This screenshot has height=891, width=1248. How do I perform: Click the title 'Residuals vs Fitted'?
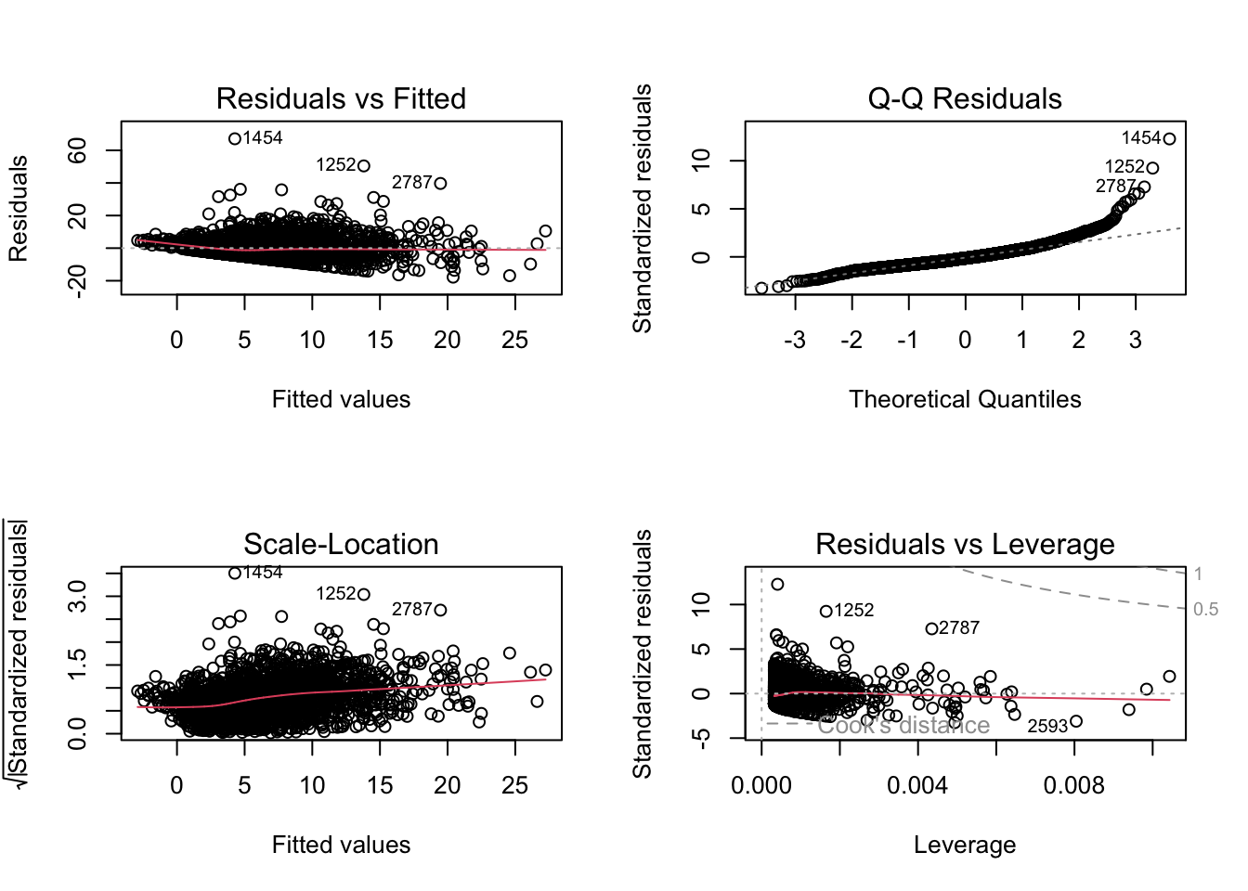tap(341, 98)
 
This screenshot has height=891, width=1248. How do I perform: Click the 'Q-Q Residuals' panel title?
tap(965, 98)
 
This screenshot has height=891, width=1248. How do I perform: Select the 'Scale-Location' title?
tap(341, 544)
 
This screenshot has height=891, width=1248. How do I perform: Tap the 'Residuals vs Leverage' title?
tap(965, 544)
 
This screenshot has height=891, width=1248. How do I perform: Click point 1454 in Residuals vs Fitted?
tap(235, 139)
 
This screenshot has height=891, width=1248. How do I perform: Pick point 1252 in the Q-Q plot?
tap(1152, 168)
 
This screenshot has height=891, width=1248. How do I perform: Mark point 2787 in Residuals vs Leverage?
tap(931, 628)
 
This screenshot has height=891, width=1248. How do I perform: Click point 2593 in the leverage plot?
tap(1076, 721)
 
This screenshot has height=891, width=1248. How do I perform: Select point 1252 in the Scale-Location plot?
tap(364, 594)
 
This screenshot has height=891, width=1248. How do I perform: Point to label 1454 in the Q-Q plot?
tap(1140, 138)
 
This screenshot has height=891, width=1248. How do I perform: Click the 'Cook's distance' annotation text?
tap(903, 725)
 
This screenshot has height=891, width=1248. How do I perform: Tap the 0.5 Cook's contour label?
tap(1205, 610)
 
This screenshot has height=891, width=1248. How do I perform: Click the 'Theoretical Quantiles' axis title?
tap(965, 399)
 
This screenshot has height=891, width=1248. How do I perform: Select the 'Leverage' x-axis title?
tap(965, 845)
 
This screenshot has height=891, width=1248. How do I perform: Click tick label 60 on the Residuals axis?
tap(78, 150)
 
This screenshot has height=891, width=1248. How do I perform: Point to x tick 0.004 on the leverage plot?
tap(917, 785)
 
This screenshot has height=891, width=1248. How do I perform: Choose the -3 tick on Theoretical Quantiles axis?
tap(795, 340)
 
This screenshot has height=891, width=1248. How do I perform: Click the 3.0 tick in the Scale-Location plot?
tap(78, 596)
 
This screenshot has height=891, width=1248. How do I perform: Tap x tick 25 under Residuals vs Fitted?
tap(514, 340)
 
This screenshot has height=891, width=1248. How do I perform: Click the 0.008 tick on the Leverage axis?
tap(1074, 785)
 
